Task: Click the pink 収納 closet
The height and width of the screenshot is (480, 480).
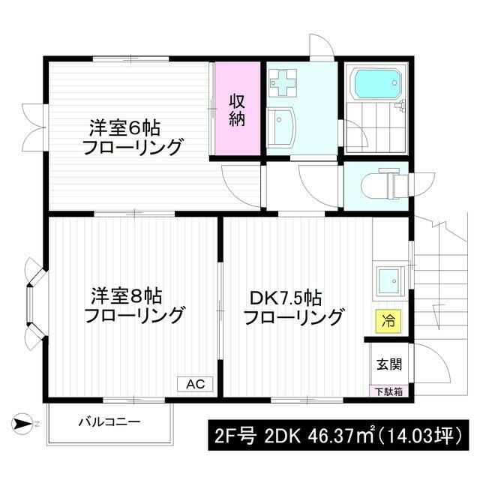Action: coord(237,110)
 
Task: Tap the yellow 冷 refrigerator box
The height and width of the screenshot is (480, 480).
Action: coord(388,322)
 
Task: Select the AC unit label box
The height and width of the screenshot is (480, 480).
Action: coord(195,383)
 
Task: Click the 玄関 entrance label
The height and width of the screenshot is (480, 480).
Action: coord(388,364)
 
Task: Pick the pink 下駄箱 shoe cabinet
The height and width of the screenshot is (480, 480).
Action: coord(388,391)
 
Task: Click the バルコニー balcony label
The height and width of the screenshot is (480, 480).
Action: coord(109,422)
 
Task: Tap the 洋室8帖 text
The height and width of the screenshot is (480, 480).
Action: coord(120,293)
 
